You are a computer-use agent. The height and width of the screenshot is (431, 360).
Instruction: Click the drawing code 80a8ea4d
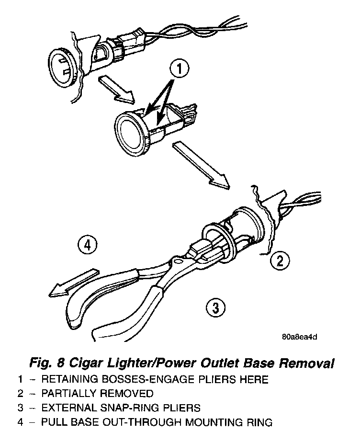pyautogui.click(x=299, y=336)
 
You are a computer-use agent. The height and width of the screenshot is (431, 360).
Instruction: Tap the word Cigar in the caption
pyautogui.click(x=90, y=363)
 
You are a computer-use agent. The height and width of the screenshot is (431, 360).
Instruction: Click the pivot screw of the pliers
pyautogui.click(x=178, y=261)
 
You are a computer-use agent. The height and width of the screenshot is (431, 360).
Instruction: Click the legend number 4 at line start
pyautogui.click(x=21, y=422)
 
